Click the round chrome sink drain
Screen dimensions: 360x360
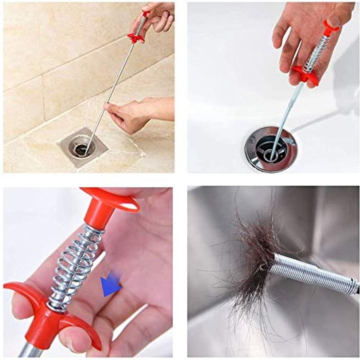(x=270, y=149)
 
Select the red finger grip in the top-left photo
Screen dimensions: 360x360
(x=134, y=37)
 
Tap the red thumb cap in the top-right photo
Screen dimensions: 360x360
(x=331, y=26)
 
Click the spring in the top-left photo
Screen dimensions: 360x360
(x=140, y=24)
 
